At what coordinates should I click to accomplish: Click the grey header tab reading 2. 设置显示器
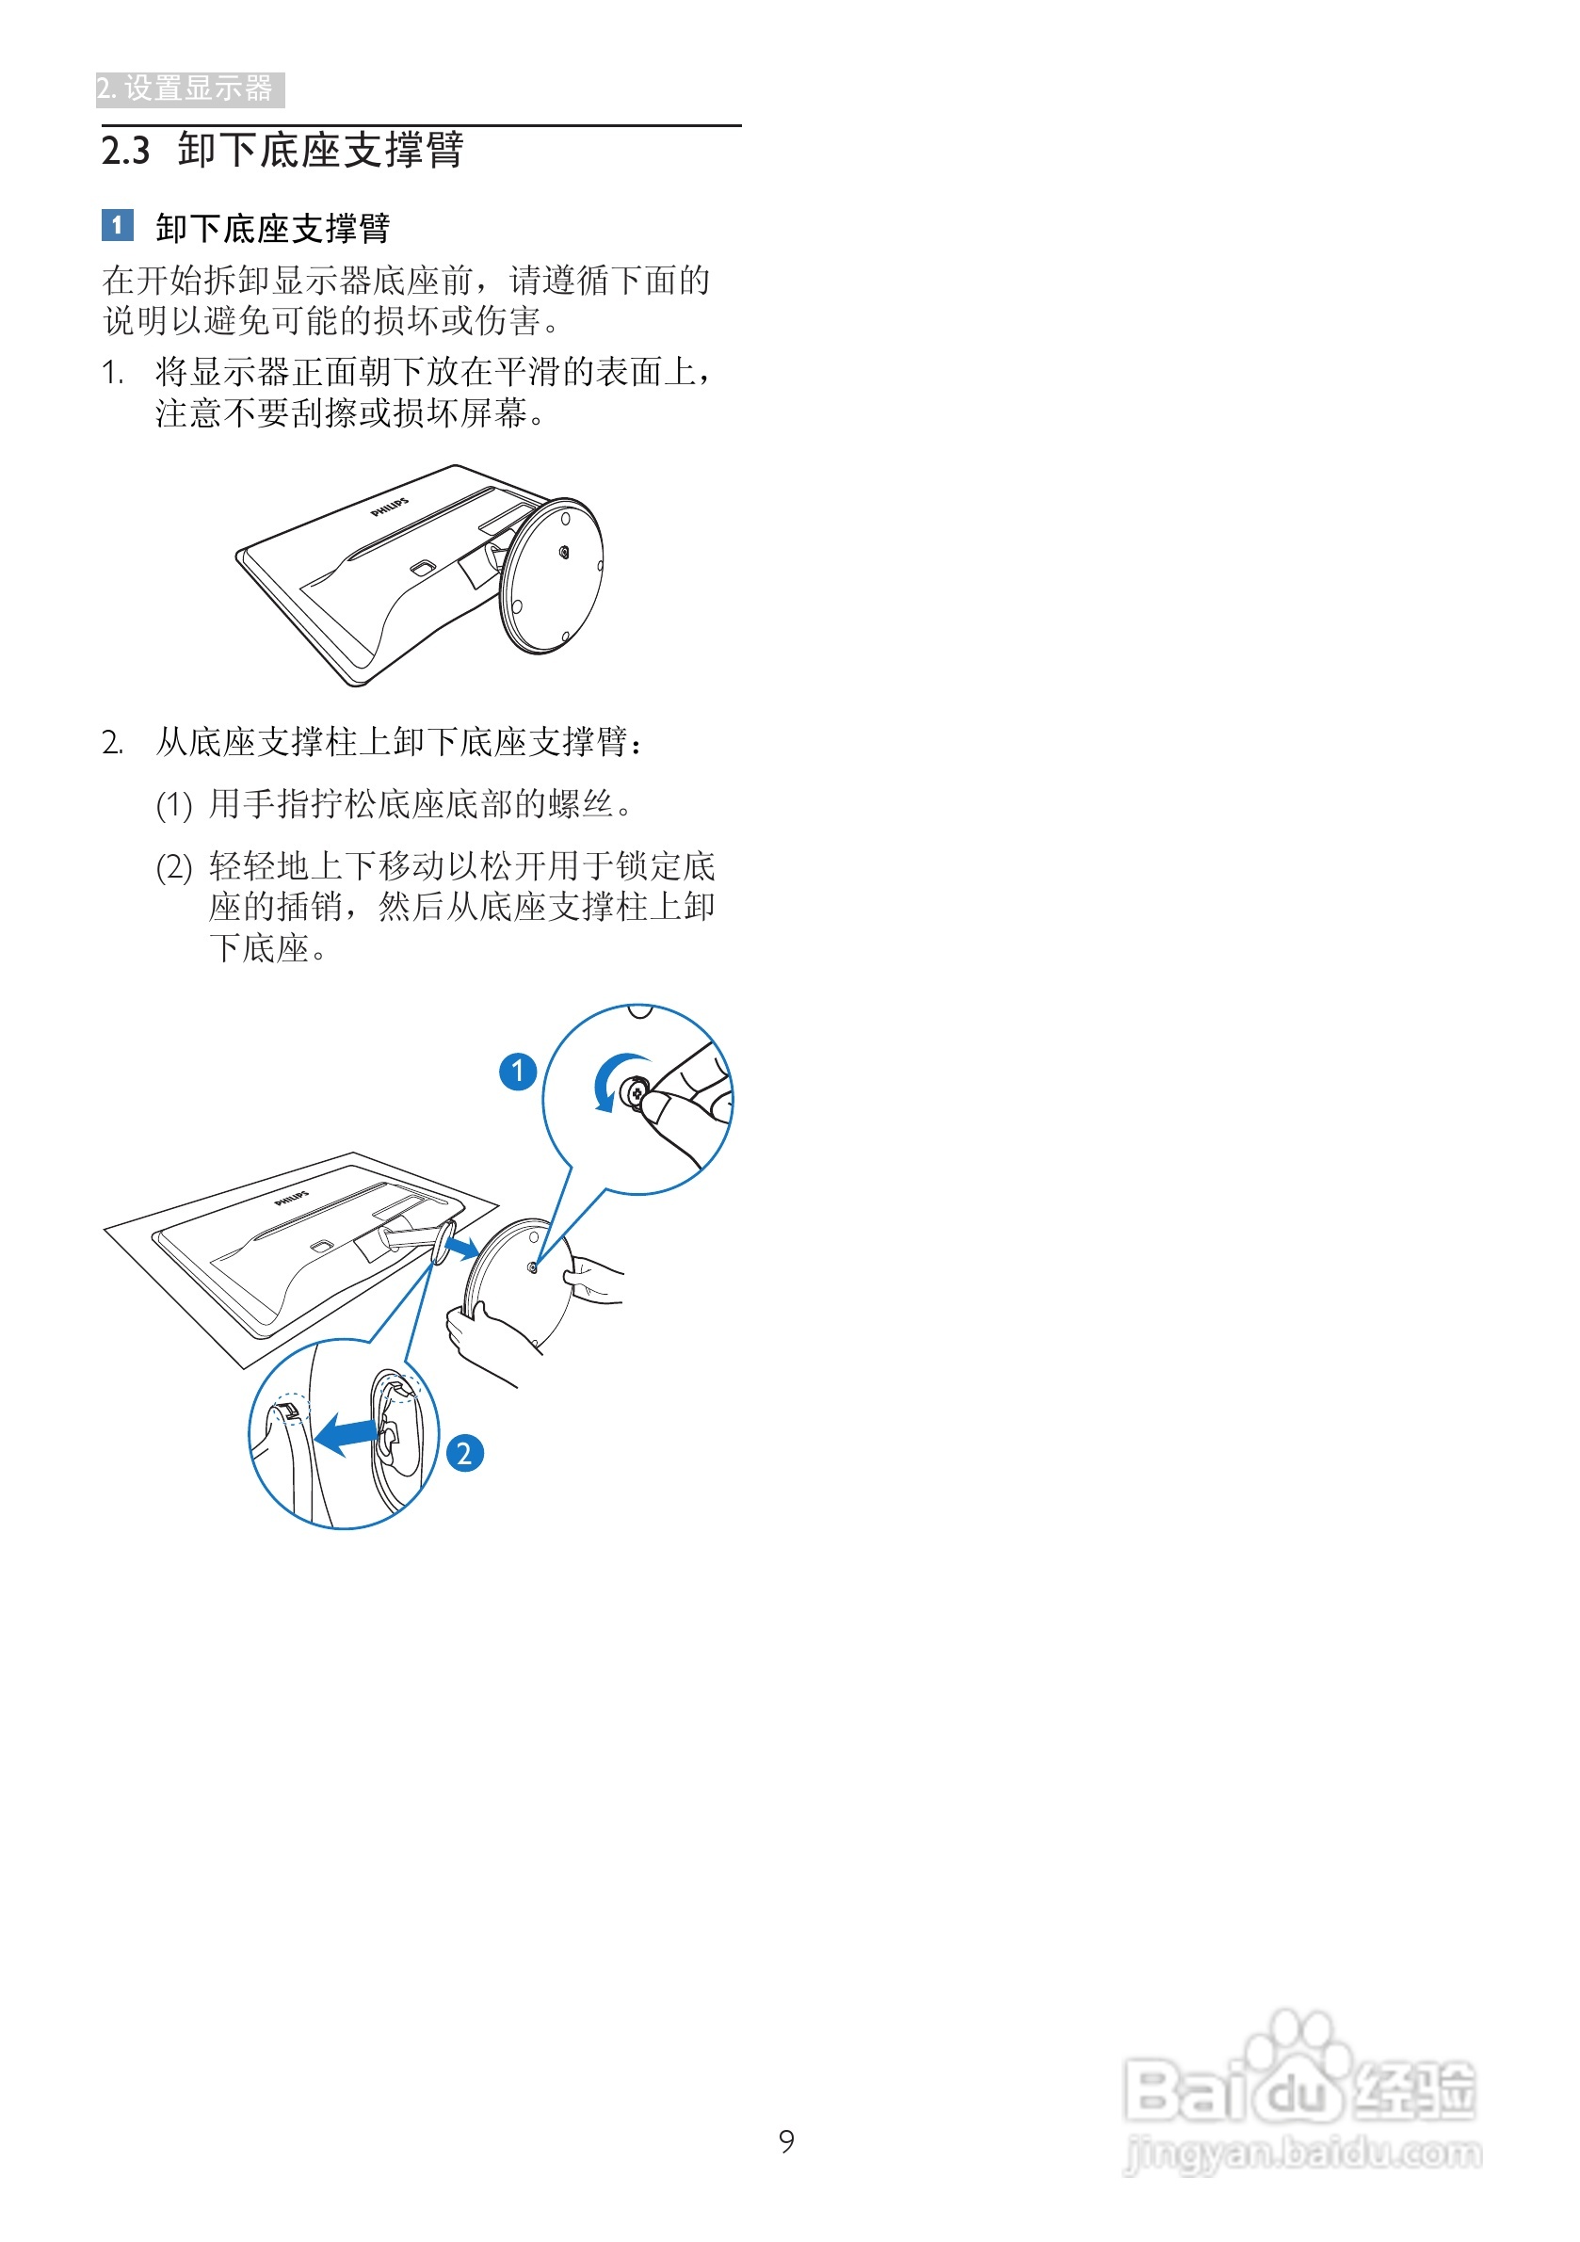pyautogui.click(x=188, y=89)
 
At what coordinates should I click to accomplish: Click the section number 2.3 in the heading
pyautogui.click(x=126, y=152)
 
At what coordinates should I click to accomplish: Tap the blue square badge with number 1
pyautogui.click(x=117, y=226)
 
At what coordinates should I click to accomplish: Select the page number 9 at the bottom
pyautogui.click(x=786, y=2140)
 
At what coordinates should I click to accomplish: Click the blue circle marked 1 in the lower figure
pyautogui.click(x=518, y=1072)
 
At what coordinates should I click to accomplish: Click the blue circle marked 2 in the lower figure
pyautogui.click(x=465, y=1453)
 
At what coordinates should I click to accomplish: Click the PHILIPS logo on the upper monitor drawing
pyautogui.click(x=390, y=507)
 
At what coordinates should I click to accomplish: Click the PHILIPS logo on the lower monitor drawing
pyautogui.click(x=291, y=1197)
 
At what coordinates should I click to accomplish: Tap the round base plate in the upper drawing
pyautogui.click(x=552, y=576)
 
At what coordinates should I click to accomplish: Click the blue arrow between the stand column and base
pyautogui.click(x=462, y=1246)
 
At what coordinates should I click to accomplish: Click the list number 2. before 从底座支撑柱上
pyautogui.click(x=112, y=743)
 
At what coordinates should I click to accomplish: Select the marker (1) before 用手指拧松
pyautogui.click(x=174, y=806)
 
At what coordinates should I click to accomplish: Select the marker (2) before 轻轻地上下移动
pyautogui.click(x=174, y=867)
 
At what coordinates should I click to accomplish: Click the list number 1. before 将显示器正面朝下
pyautogui.click(x=112, y=373)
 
